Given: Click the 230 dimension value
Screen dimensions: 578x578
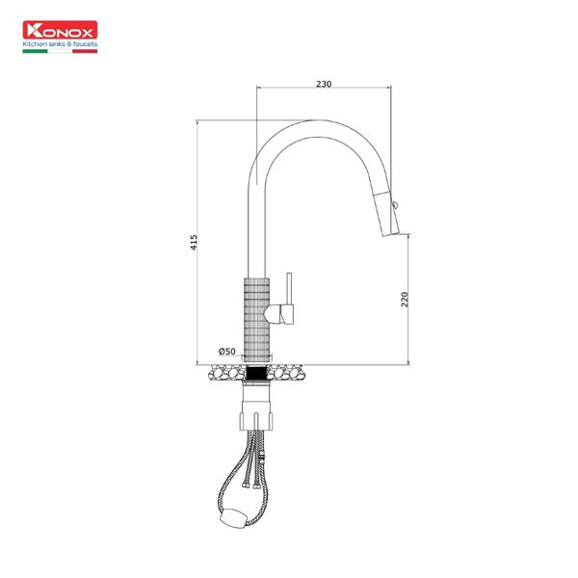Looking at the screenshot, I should click(x=324, y=85).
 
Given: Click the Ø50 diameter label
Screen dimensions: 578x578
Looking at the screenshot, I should click(x=227, y=351).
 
